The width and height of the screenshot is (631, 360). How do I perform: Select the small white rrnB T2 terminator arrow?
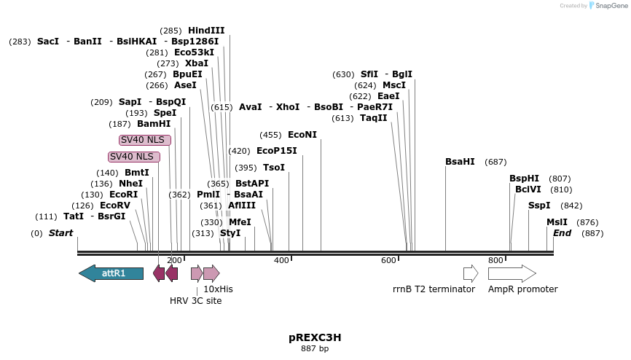pyautogui.click(x=471, y=273)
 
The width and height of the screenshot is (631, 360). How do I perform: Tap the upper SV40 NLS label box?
pyautogui.click(x=145, y=140)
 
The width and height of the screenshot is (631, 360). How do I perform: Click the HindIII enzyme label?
pyautogui.click(x=206, y=31)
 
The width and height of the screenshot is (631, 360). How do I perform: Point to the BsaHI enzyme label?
pyautogui.click(x=460, y=162)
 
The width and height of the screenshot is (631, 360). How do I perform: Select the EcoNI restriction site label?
pyautogui.click(x=302, y=135)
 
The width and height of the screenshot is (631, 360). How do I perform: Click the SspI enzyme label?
pyautogui.click(x=539, y=206)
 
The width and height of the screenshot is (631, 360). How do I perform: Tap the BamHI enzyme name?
pyautogui.click(x=154, y=124)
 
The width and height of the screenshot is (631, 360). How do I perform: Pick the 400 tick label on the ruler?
pyautogui.click(x=281, y=260)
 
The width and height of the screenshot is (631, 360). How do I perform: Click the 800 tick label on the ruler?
pyautogui.click(x=496, y=260)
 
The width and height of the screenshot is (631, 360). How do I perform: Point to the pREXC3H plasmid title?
pyautogui.click(x=315, y=337)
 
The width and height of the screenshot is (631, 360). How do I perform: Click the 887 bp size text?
pyautogui.click(x=315, y=349)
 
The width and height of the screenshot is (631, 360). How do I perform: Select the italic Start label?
pyautogui.click(x=61, y=233)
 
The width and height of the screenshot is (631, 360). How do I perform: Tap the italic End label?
pyautogui.click(x=562, y=233)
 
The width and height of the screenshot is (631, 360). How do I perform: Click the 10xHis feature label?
pyautogui.click(x=218, y=289)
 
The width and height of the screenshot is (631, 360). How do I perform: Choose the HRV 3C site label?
pyautogui.click(x=195, y=301)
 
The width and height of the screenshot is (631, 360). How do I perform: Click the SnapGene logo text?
pyautogui.click(x=611, y=6)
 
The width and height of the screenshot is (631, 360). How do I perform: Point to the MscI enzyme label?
pyautogui.click(x=394, y=85)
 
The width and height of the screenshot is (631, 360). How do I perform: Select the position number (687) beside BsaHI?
pyautogui.click(x=495, y=162)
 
